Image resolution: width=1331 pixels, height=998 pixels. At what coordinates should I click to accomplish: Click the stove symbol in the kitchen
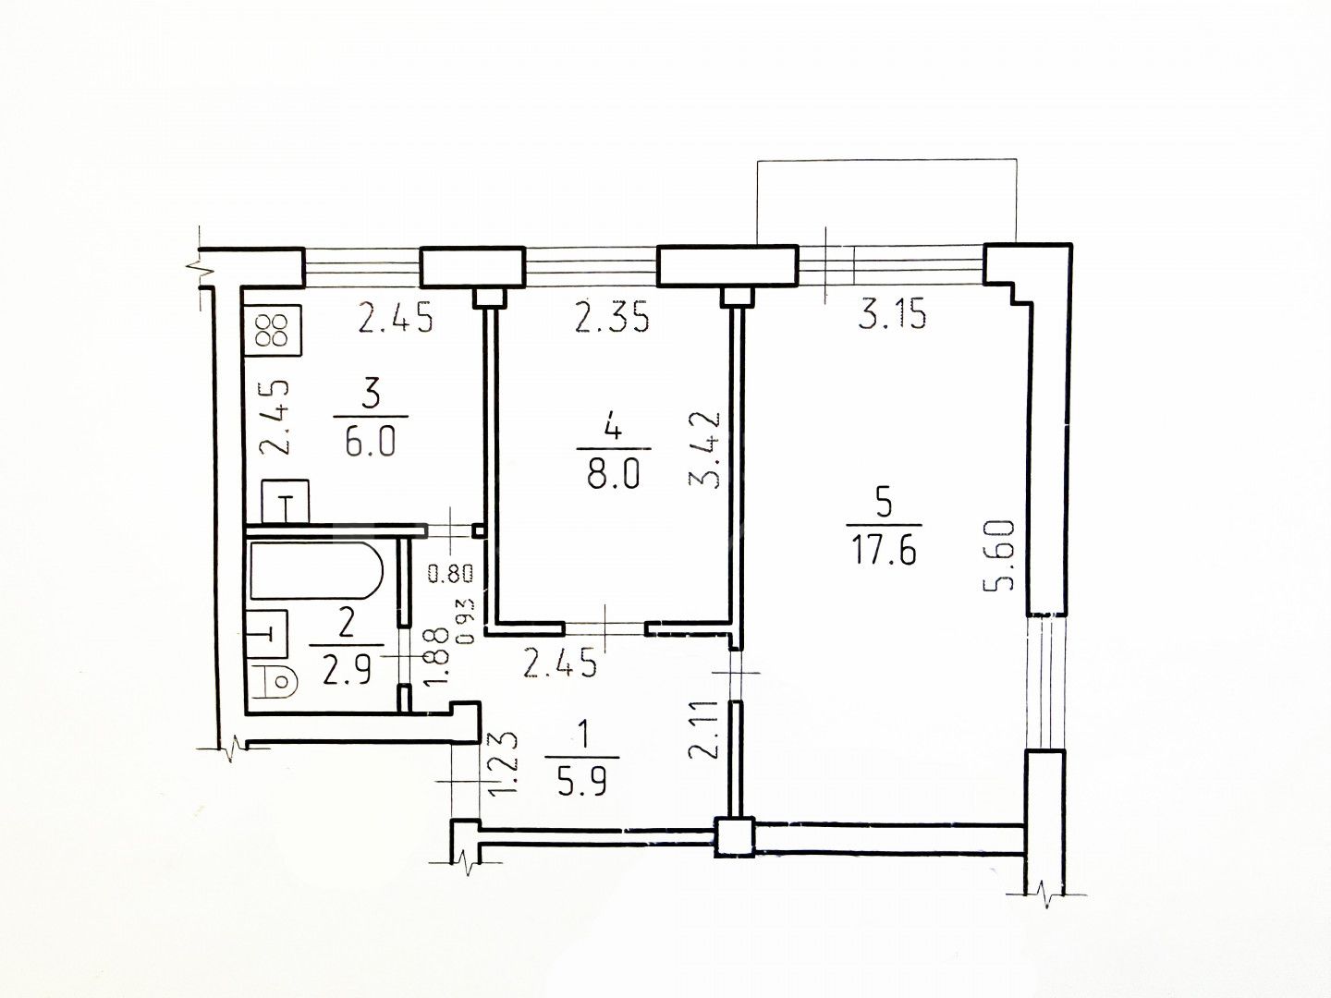pos(274,331)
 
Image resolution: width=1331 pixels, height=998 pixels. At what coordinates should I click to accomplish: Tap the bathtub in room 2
pos(316,569)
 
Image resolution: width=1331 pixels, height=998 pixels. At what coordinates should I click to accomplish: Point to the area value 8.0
pos(614,474)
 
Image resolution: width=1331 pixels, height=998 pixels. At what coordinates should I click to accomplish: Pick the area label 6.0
pos(371,443)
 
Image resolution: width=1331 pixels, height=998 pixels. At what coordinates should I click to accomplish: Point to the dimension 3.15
pos(893,315)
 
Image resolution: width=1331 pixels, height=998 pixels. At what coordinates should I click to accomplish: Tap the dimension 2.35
pos(613,318)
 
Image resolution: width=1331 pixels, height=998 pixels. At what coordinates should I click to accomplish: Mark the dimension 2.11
pos(704,730)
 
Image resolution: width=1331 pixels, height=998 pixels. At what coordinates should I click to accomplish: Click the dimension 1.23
pos(503,766)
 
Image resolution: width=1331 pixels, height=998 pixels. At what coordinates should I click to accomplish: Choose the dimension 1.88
pos(435,657)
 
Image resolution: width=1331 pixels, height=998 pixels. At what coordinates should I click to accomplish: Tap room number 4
pos(613,430)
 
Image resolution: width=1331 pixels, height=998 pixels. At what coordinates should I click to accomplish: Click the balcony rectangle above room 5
pos(887,159)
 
